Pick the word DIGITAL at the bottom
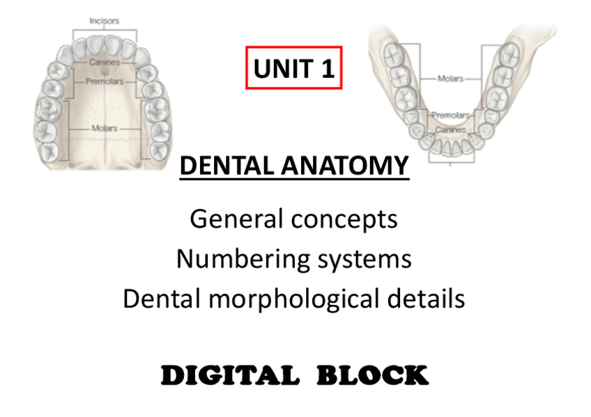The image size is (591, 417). click(x=230, y=375)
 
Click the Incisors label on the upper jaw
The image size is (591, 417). click(x=104, y=21)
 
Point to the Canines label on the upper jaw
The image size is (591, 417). click(x=105, y=62)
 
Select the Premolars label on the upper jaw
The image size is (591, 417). click(x=105, y=81)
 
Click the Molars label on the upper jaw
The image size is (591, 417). click(x=105, y=128)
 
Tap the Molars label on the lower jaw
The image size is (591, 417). click(x=450, y=79)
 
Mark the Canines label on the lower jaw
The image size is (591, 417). click(x=450, y=129)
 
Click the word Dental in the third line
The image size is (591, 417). click(x=161, y=299)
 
